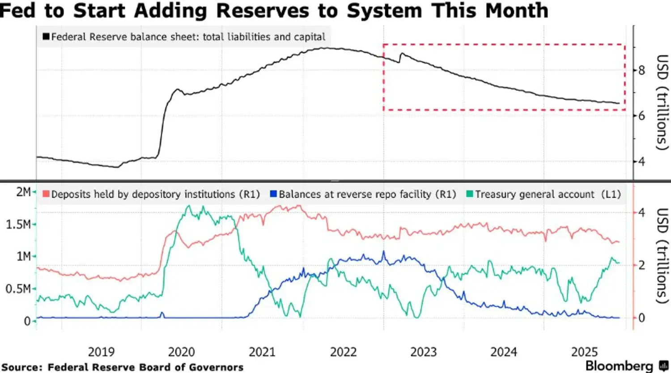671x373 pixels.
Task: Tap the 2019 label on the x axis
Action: (101, 352)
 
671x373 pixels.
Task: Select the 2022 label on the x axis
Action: (343, 352)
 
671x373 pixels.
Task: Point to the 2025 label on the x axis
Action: (584, 352)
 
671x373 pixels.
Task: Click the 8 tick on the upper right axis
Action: (642, 70)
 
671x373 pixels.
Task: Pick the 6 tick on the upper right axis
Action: (642, 116)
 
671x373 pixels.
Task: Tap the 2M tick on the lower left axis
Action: (23, 192)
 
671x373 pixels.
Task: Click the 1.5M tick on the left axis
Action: (18, 225)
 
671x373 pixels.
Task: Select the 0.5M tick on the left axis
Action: (18, 289)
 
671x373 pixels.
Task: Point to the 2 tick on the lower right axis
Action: (642, 265)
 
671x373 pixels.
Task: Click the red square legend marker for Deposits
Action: (46, 194)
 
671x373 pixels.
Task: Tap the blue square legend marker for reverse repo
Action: (273, 194)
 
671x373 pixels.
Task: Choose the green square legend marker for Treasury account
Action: (469, 194)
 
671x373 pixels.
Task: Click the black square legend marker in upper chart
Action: (46, 37)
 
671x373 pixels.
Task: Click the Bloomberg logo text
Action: (620, 365)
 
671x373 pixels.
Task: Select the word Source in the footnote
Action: (21, 367)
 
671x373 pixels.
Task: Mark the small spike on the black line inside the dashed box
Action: (402, 54)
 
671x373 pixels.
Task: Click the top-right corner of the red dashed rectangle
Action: (624, 45)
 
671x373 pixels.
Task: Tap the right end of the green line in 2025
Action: (620, 263)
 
